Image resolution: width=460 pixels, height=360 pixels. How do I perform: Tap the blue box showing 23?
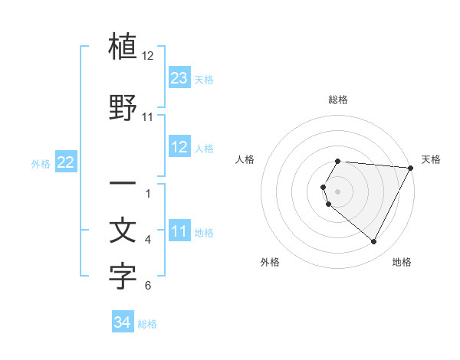pos(179,78)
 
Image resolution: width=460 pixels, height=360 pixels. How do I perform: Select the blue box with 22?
pos(66,162)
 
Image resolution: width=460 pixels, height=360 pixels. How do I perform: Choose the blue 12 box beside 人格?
pos(179,147)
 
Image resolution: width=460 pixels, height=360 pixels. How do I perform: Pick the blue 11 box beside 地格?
pos(179,231)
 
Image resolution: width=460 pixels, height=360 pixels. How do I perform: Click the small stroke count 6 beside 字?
pos(148,286)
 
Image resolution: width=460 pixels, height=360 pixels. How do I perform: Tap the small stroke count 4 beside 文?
pos(148,240)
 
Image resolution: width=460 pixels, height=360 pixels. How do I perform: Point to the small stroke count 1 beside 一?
pos(148,193)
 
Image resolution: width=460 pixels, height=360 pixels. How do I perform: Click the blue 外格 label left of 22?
pos(40,164)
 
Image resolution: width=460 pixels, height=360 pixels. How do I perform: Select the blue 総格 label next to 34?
pos(147,325)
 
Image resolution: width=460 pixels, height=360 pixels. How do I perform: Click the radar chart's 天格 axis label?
pos(431,159)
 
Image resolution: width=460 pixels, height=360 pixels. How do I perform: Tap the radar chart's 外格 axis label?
pos(270,263)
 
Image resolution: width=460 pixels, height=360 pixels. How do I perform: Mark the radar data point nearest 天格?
pos(410,167)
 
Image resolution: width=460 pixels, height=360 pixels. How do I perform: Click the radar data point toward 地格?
pos(374,241)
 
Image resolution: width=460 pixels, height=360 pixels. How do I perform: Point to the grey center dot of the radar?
pos(338,191)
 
